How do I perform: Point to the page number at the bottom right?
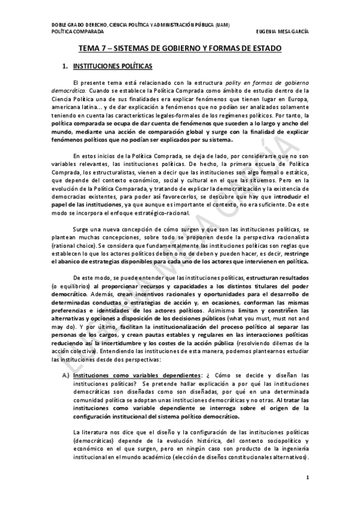[308, 478]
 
